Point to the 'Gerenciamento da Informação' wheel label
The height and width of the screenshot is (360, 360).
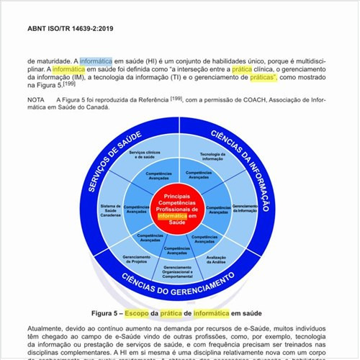pos(245,210)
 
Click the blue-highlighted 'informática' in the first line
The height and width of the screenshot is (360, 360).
pos(96,61)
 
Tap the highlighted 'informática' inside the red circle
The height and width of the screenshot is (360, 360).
pos(172,215)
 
